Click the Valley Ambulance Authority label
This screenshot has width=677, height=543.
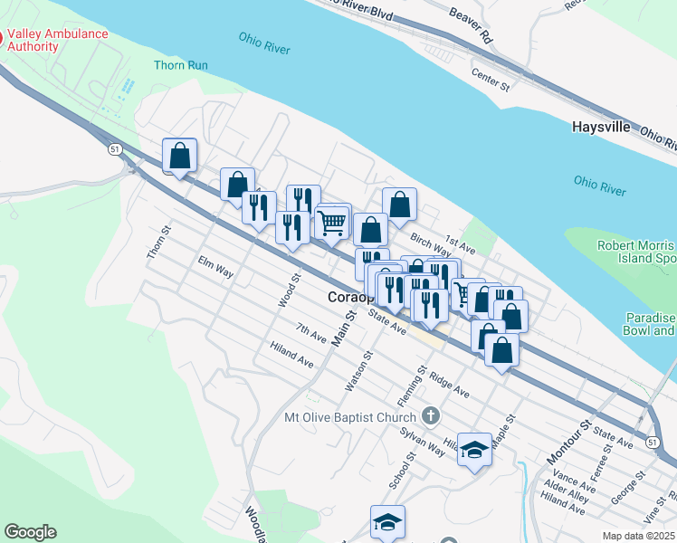[x=58, y=40]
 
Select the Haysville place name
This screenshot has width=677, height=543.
[x=601, y=127]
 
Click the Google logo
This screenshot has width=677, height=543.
[x=30, y=532]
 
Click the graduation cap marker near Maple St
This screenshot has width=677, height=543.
[x=474, y=450]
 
